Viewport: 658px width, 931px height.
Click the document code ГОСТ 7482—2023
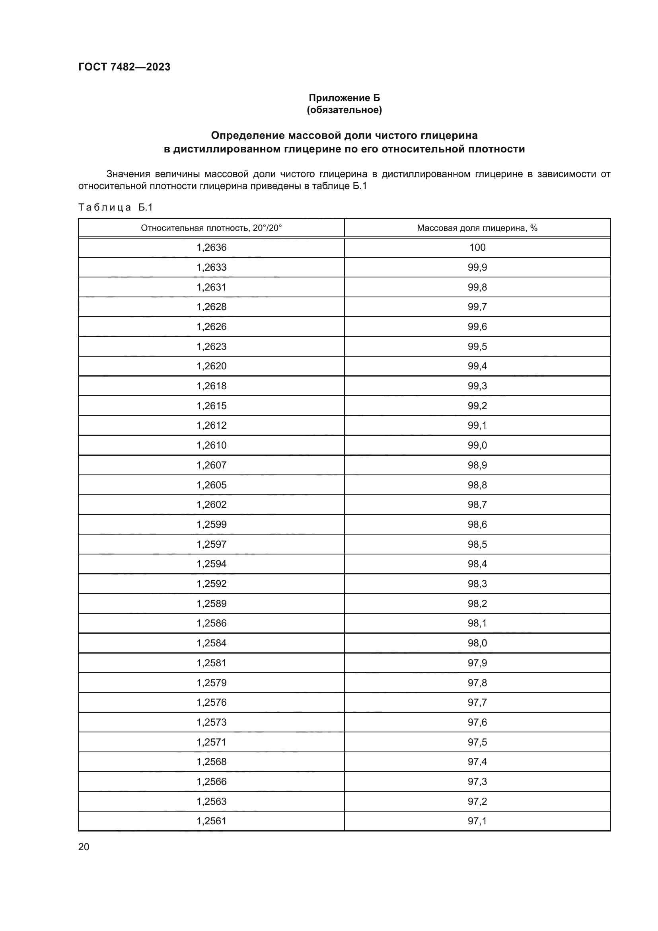tap(125, 67)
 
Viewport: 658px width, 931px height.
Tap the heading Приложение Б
tap(344, 98)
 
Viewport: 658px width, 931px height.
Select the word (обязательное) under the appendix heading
tap(344, 110)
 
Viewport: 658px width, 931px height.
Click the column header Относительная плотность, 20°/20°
tap(211, 228)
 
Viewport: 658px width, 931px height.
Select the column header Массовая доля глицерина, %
tap(477, 228)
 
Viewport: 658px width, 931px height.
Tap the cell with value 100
tap(477, 247)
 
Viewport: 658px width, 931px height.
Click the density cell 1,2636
tap(211, 247)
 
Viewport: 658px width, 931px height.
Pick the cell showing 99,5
tap(477, 346)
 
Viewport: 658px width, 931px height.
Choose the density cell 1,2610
tap(211, 445)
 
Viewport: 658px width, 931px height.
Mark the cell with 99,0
tap(477, 445)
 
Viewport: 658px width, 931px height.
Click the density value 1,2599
tap(211, 524)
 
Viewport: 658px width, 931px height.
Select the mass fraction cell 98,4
tap(477, 564)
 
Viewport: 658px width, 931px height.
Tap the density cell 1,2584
tap(211, 643)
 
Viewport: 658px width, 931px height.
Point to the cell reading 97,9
tap(477, 663)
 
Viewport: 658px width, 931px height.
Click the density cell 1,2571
tap(211, 742)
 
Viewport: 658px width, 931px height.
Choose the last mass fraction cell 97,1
tap(477, 821)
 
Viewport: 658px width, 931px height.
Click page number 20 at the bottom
tap(84, 847)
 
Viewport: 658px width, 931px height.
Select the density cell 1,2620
tap(211, 366)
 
